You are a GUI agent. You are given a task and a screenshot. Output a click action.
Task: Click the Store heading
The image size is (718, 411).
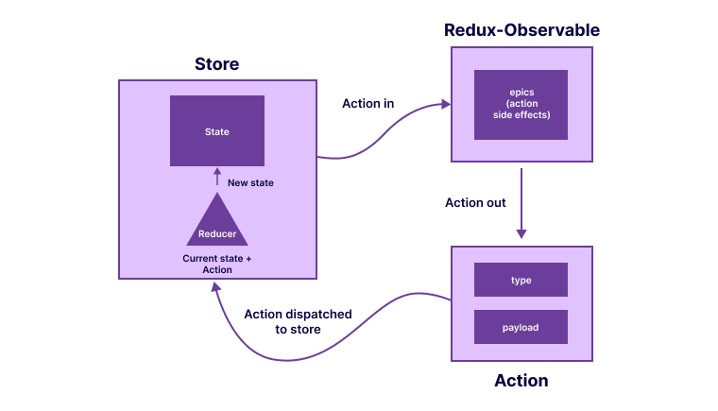pyautogui.click(x=216, y=65)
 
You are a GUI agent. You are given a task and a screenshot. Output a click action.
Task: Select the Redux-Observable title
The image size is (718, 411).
pyautogui.click(x=521, y=30)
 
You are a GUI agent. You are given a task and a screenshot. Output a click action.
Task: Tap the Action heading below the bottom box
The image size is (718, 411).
pyautogui.click(x=521, y=381)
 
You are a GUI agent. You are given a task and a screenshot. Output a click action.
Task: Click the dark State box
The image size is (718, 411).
pyautogui.click(x=216, y=131)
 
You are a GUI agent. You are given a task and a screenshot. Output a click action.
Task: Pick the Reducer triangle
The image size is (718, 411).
pyautogui.click(x=217, y=223)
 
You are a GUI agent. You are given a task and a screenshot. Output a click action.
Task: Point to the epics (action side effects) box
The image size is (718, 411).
pyautogui.click(x=521, y=104)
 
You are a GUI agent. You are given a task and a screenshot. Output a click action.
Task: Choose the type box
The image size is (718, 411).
pyautogui.click(x=521, y=281)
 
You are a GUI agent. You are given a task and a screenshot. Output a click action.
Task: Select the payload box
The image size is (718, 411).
pyautogui.click(x=521, y=327)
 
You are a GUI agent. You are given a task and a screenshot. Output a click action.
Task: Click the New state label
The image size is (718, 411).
pyautogui.click(x=250, y=182)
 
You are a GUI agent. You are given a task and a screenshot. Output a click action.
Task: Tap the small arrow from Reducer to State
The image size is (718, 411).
pyautogui.click(x=217, y=178)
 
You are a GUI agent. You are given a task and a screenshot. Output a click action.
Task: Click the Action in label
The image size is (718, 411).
pyautogui.click(x=368, y=103)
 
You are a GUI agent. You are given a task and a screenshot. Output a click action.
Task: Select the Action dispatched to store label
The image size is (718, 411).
pyautogui.click(x=298, y=321)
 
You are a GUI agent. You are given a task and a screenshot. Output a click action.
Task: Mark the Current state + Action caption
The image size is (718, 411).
pyautogui.click(x=217, y=264)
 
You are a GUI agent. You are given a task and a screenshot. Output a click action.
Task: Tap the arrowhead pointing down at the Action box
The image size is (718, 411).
pyautogui.click(x=521, y=233)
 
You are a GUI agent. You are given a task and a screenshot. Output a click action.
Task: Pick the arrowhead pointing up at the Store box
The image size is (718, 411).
pyautogui.click(x=215, y=289)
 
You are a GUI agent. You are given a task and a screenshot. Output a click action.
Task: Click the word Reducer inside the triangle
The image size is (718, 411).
pyautogui.click(x=217, y=234)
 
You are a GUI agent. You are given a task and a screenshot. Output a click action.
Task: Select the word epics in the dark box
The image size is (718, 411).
pyautogui.click(x=521, y=92)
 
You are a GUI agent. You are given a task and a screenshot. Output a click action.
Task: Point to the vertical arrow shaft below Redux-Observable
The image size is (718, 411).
pyautogui.click(x=521, y=198)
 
